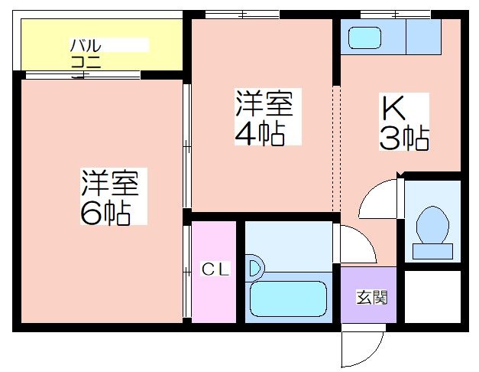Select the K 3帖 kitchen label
click(x=404, y=122)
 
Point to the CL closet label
click(x=215, y=269)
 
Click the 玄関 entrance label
click(x=372, y=297)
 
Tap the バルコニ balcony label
click(x=86, y=54)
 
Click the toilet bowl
click(x=432, y=225)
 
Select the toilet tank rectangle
click(x=432, y=251)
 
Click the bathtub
click(x=288, y=299)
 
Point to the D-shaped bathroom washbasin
click(x=255, y=268)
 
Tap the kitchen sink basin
click(x=364, y=38)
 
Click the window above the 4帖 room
click(x=242, y=15)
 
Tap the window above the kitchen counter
click(x=395, y=15)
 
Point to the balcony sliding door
click(x=83, y=75)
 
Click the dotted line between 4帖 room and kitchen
click(x=336, y=148)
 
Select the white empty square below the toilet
click(x=432, y=297)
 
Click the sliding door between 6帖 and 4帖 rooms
click(x=187, y=146)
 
